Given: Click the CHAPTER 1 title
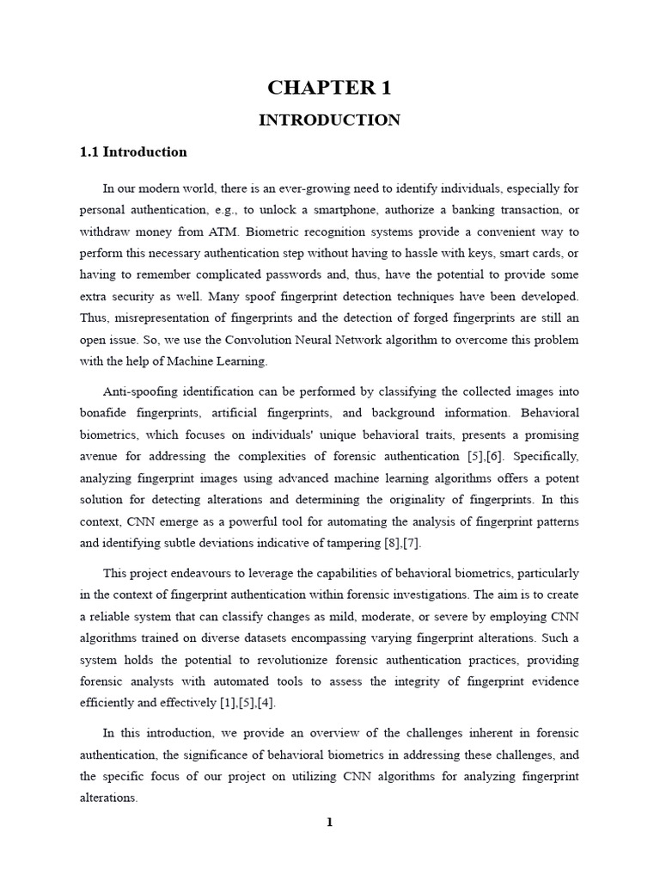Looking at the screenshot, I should [x=329, y=88].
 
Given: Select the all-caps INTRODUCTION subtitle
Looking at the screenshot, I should [x=329, y=120].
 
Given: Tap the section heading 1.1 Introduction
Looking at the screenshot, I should [x=133, y=152].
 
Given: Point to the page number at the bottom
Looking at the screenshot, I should [x=329, y=822].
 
